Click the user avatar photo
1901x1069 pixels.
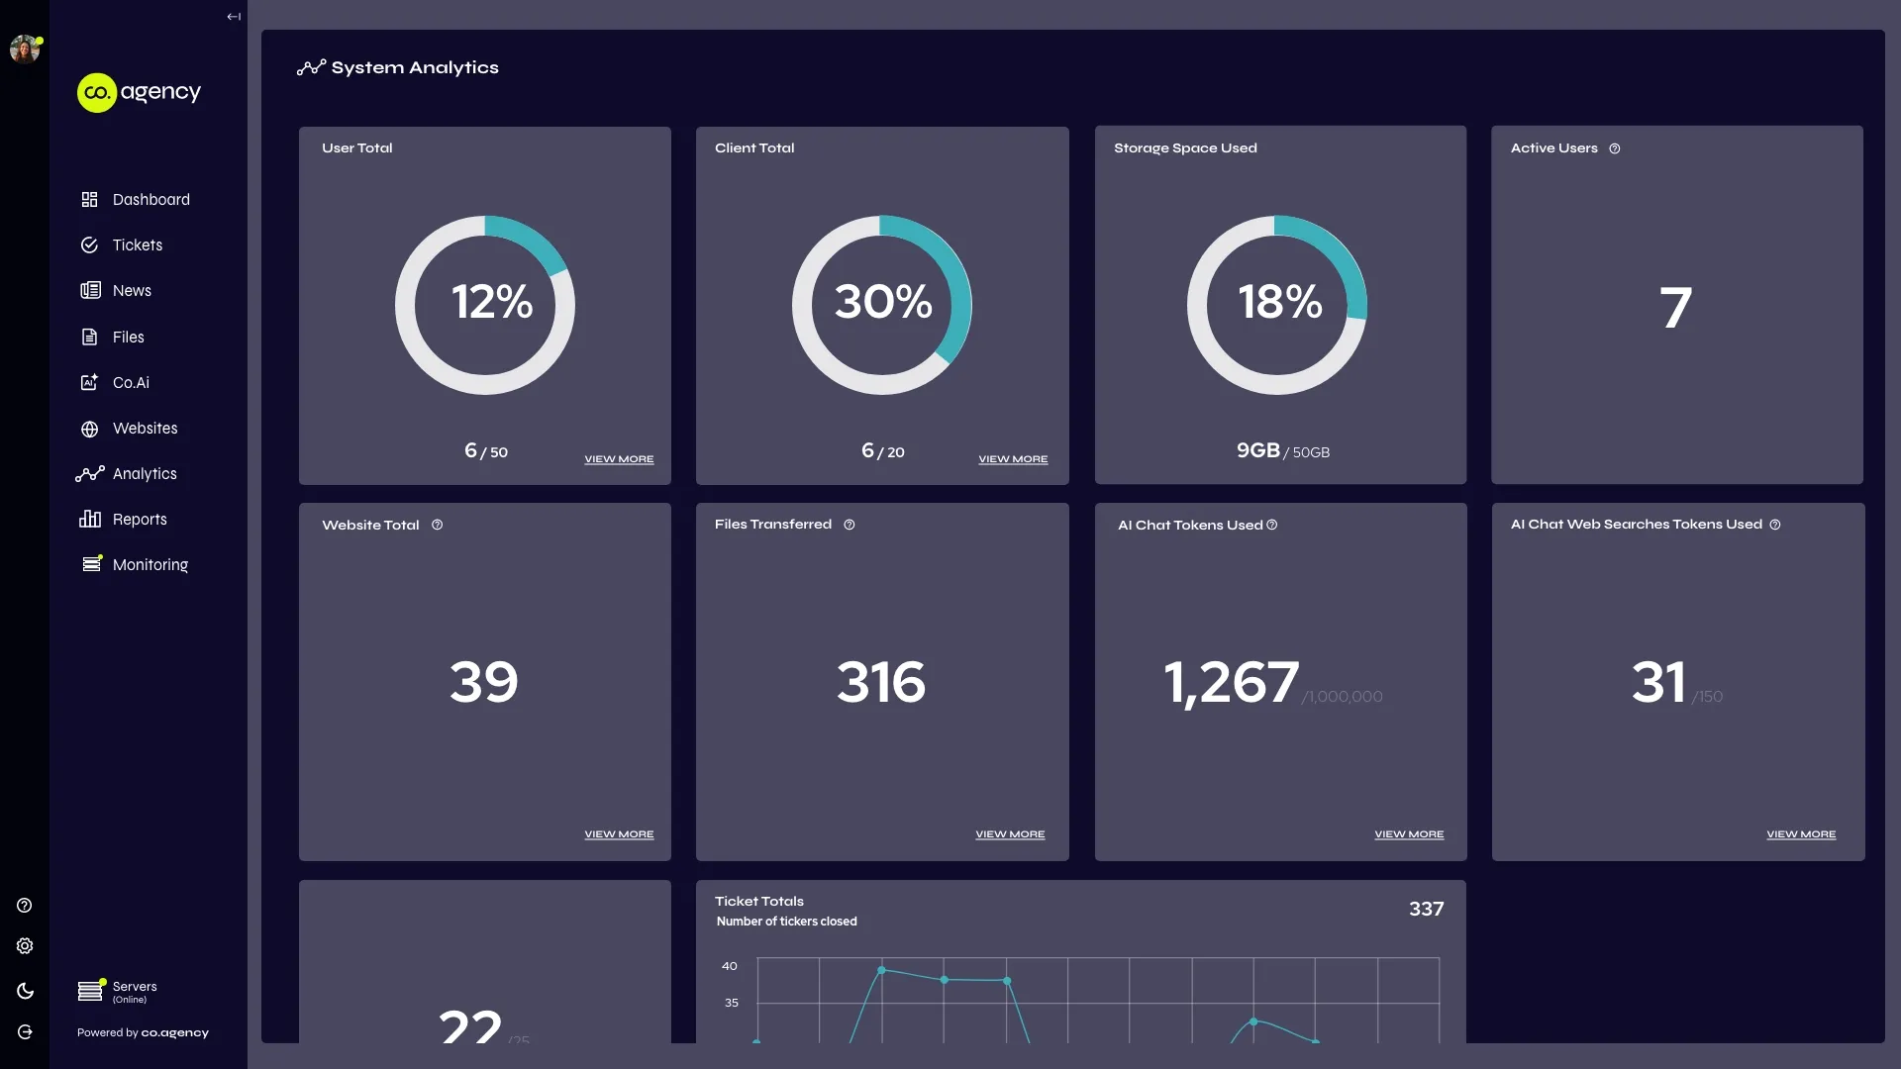(25, 49)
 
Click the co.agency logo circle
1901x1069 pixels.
(97, 93)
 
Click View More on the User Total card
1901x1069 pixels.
(619, 459)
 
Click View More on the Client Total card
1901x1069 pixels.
(1013, 459)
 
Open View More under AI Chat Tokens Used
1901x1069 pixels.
(1409, 834)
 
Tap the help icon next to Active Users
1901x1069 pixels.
(1615, 148)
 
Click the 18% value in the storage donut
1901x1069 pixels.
(1279, 302)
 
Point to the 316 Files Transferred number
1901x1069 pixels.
(881, 682)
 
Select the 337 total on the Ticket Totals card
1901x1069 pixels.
(1426, 909)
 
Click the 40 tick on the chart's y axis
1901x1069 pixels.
(730, 966)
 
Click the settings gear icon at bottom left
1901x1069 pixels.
(25, 946)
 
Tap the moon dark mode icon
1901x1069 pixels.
(25, 991)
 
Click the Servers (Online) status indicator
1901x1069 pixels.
(117, 991)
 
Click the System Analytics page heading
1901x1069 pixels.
(414, 67)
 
